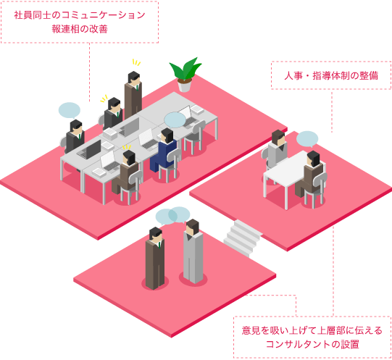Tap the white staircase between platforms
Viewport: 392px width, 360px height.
242,238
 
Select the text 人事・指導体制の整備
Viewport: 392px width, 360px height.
331,75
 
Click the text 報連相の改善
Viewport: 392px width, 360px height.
80,29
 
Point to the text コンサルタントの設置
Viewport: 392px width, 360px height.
312,344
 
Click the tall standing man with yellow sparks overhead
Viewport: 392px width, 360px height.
133,95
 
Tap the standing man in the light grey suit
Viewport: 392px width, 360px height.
193,251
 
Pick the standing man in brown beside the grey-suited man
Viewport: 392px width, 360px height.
155,259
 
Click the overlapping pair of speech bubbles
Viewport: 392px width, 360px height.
172,216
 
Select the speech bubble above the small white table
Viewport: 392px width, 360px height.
307,139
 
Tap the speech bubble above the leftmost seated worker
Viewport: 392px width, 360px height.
70,110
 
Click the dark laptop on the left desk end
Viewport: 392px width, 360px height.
90,149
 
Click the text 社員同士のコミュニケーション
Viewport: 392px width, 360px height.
80,15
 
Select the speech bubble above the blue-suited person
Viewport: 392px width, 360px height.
175,120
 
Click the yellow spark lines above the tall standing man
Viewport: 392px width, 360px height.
136,62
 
